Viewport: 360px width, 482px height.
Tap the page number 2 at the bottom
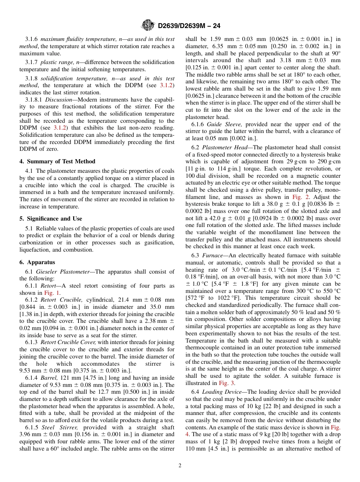[180, 466]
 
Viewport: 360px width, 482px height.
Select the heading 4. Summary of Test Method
[57, 161]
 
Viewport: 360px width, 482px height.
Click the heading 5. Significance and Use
[51, 219]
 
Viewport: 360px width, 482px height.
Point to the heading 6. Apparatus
[37, 262]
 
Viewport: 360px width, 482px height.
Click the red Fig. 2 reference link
[299, 197]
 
